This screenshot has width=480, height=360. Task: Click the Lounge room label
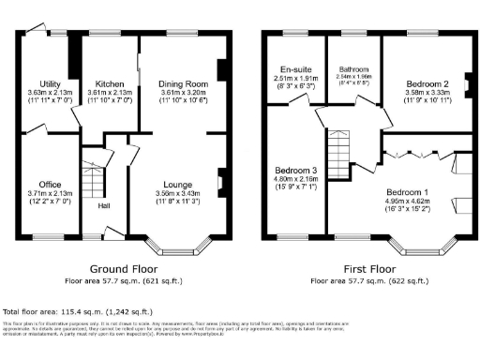[x=177, y=184]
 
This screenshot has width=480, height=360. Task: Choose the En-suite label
[x=295, y=69]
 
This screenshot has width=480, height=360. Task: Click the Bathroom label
[x=353, y=69]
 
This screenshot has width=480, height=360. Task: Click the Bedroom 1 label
[x=406, y=190]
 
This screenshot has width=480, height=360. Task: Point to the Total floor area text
[x=80, y=310]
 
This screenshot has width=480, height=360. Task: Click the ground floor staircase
[x=91, y=178]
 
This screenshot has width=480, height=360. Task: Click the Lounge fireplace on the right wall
[x=220, y=181]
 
